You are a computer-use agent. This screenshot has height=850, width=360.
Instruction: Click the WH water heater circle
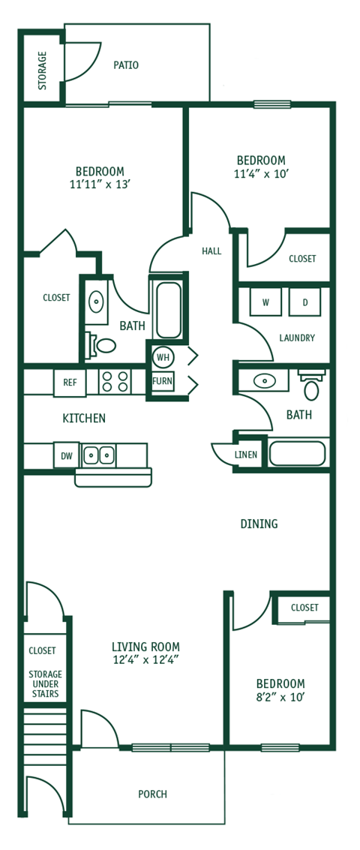point(163,357)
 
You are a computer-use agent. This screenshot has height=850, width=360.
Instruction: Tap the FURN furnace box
point(163,381)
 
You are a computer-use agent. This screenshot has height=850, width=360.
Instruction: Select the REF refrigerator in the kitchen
point(70,383)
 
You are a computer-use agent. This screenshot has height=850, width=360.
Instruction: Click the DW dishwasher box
point(65,455)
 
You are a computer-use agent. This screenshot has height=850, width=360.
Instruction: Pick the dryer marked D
point(304,302)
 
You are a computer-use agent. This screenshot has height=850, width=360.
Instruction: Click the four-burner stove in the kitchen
point(115,382)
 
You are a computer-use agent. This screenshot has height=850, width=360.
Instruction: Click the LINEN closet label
point(246,455)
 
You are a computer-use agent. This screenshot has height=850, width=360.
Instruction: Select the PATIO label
point(126,65)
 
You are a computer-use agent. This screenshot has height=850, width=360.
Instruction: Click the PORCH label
point(152,794)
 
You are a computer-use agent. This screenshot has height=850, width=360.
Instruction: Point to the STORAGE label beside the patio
point(42,71)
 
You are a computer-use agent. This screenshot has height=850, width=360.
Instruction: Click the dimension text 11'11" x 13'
point(100,185)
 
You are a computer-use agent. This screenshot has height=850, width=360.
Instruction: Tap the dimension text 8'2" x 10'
point(280,697)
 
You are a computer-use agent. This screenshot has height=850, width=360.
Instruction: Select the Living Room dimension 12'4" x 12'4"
point(145,660)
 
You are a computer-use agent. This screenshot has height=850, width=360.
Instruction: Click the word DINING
point(259,524)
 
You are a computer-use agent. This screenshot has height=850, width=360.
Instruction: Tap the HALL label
point(211,251)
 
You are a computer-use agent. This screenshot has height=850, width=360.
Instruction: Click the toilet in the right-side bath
point(310,386)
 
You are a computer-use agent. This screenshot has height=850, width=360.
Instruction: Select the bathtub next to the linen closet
point(297,453)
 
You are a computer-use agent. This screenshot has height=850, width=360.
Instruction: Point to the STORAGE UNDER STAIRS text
point(45,684)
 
